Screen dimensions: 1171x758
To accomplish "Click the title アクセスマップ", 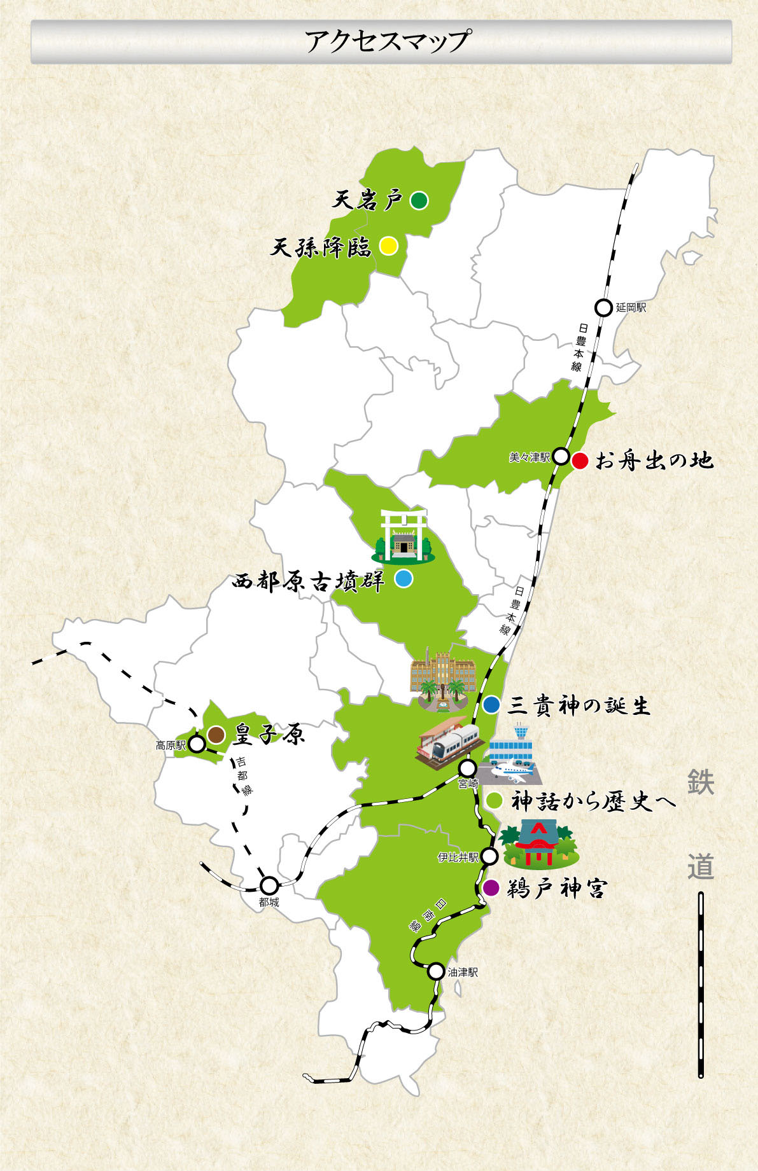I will pyautogui.click(x=387, y=41).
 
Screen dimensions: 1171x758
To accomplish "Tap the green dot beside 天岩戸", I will pyautogui.click(x=418, y=200).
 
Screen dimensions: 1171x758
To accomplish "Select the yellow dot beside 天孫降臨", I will pyautogui.click(x=388, y=246).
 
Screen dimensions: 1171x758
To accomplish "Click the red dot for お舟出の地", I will pyautogui.click(x=580, y=461).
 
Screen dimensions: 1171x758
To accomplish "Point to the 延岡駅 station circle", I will pyautogui.click(x=603, y=308).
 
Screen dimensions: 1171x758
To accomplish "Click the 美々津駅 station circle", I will pyautogui.click(x=561, y=456).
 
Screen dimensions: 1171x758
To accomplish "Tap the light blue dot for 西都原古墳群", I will pyautogui.click(x=404, y=579).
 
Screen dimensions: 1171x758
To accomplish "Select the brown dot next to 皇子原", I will pyautogui.click(x=216, y=735).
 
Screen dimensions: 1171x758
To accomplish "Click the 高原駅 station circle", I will pyautogui.click(x=197, y=745).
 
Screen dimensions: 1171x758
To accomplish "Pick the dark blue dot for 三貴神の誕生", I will pyautogui.click(x=491, y=705).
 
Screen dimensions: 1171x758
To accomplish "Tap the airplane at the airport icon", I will pyautogui.click(x=509, y=772).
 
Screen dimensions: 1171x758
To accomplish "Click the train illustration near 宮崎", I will pyautogui.click(x=449, y=742).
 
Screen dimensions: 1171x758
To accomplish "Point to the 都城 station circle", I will pyautogui.click(x=269, y=885).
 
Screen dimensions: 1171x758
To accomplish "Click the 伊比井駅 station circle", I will pyautogui.click(x=489, y=856).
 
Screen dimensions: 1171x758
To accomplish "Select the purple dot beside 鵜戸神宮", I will pyautogui.click(x=491, y=888).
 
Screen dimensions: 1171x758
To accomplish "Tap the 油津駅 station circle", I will pyautogui.click(x=436, y=971).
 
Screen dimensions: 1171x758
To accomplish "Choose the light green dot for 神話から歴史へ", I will pyautogui.click(x=495, y=800).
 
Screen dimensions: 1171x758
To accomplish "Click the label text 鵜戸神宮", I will pyautogui.click(x=556, y=889).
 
